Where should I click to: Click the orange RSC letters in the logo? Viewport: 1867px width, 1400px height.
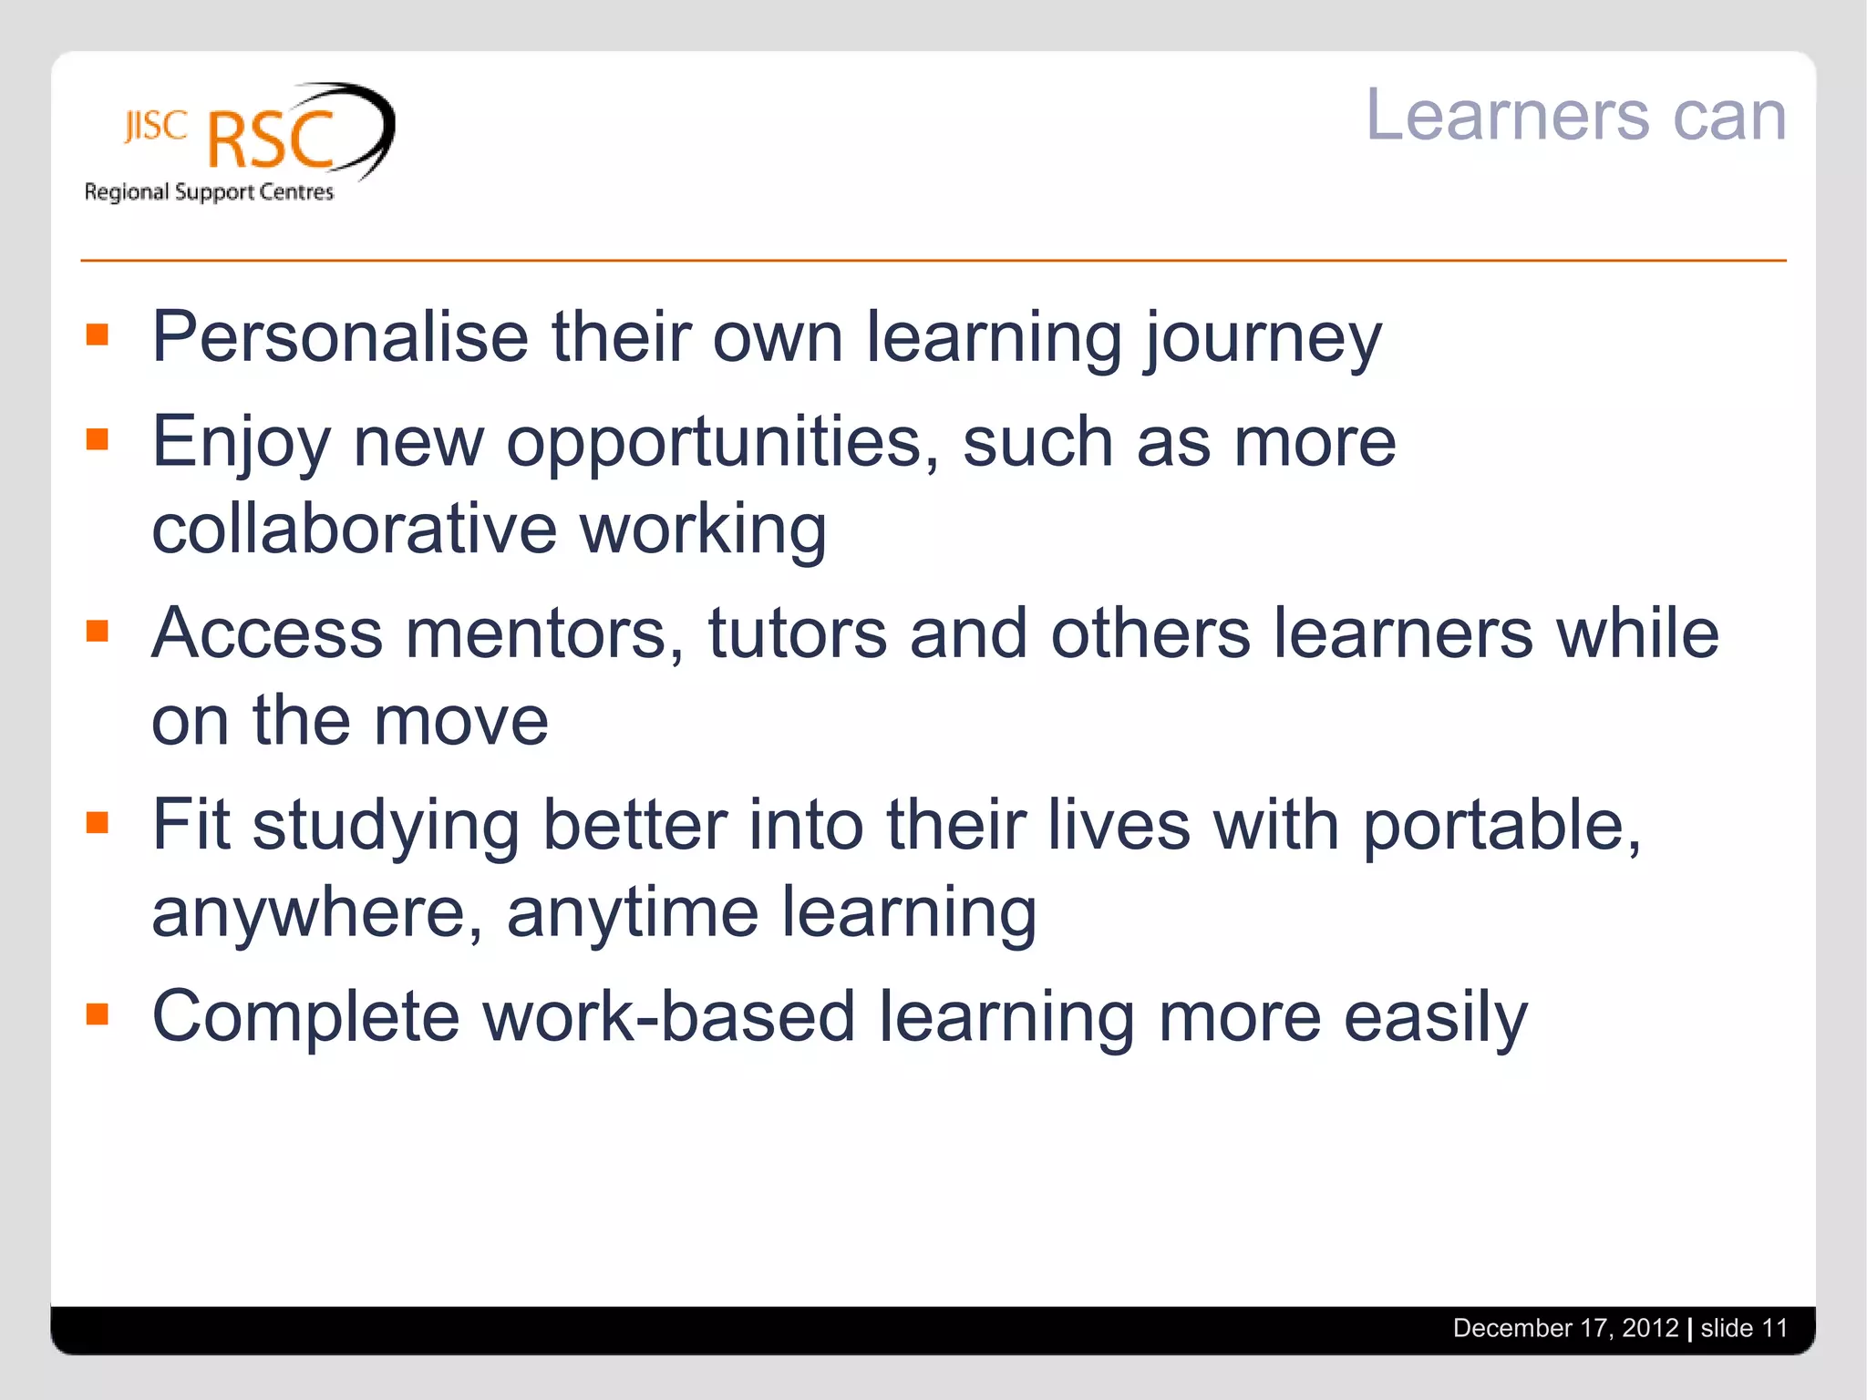(271, 140)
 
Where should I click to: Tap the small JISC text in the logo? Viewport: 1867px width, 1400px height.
(156, 127)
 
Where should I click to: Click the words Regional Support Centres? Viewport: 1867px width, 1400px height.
(209, 192)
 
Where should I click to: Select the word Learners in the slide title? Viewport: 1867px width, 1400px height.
(1507, 116)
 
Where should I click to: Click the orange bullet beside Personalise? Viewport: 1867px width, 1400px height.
(98, 335)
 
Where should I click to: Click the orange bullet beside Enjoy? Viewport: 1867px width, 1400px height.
(98, 440)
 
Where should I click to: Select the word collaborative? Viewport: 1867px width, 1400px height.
(354, 529)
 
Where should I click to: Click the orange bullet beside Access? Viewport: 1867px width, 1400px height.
(98, 632)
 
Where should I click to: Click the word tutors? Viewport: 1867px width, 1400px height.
(797, 633)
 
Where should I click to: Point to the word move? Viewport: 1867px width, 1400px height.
(461, 721)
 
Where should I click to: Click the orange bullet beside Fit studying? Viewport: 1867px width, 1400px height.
(98, 824)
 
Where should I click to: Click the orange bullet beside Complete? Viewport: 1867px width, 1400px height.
(98, 1015)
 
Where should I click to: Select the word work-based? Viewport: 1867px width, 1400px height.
(668, 1017)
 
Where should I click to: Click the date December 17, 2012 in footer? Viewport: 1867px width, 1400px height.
(1565, 1328)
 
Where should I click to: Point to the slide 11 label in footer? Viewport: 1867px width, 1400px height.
(1744, 1328)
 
